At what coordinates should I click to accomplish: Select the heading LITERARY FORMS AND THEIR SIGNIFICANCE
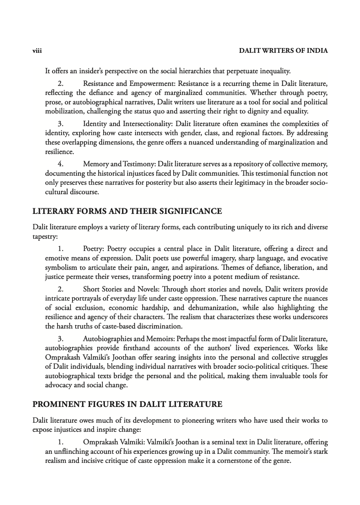pos(127,212)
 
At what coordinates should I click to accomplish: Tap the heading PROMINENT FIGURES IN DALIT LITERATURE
pos(127,404)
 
